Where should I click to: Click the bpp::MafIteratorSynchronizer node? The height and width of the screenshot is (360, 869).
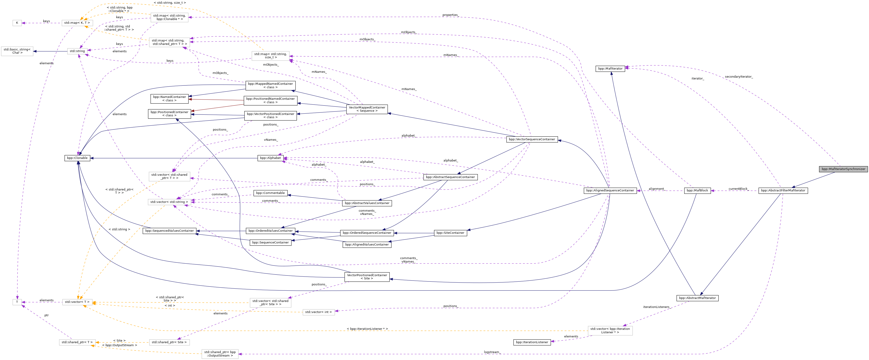coord(843,169)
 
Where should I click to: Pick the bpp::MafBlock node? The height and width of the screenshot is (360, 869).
coord(697,191)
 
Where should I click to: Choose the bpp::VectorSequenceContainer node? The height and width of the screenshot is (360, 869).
coord(532,139)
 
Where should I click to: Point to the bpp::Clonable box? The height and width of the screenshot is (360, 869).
coord(77,158)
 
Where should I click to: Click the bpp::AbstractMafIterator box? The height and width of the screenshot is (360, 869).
coord(697,298)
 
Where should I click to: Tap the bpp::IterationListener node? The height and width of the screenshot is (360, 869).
coord(532,342)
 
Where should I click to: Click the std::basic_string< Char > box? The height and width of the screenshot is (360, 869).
coord(17,51)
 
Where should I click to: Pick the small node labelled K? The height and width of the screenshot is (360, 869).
coord(17,23)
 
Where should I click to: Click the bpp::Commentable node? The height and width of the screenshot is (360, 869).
coord(270,193)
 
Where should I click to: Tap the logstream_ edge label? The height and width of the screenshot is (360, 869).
coord(491,352)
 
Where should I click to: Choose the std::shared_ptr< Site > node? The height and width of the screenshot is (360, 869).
coord(169,342)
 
